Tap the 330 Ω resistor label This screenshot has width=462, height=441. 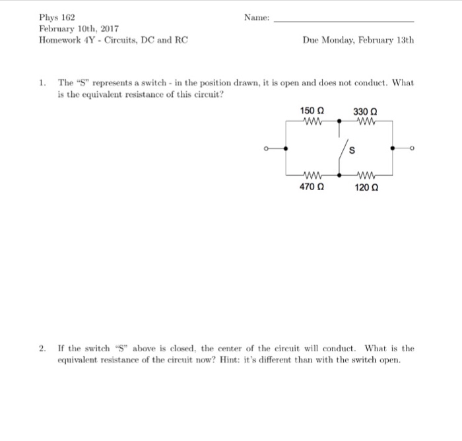[365, 110]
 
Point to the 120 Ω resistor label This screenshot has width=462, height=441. [366, 187]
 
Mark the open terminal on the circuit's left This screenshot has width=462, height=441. [265, 149]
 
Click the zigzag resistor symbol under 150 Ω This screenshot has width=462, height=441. [311, 121]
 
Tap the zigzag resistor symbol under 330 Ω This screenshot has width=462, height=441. [365, 121]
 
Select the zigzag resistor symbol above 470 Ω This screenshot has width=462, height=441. [311, 176]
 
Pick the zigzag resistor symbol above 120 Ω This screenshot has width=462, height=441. [365, 176]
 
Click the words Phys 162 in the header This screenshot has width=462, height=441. [57, 17]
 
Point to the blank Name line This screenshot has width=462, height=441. [343, 20]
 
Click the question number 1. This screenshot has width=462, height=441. [42, 83]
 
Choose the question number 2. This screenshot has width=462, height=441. [42, 348]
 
